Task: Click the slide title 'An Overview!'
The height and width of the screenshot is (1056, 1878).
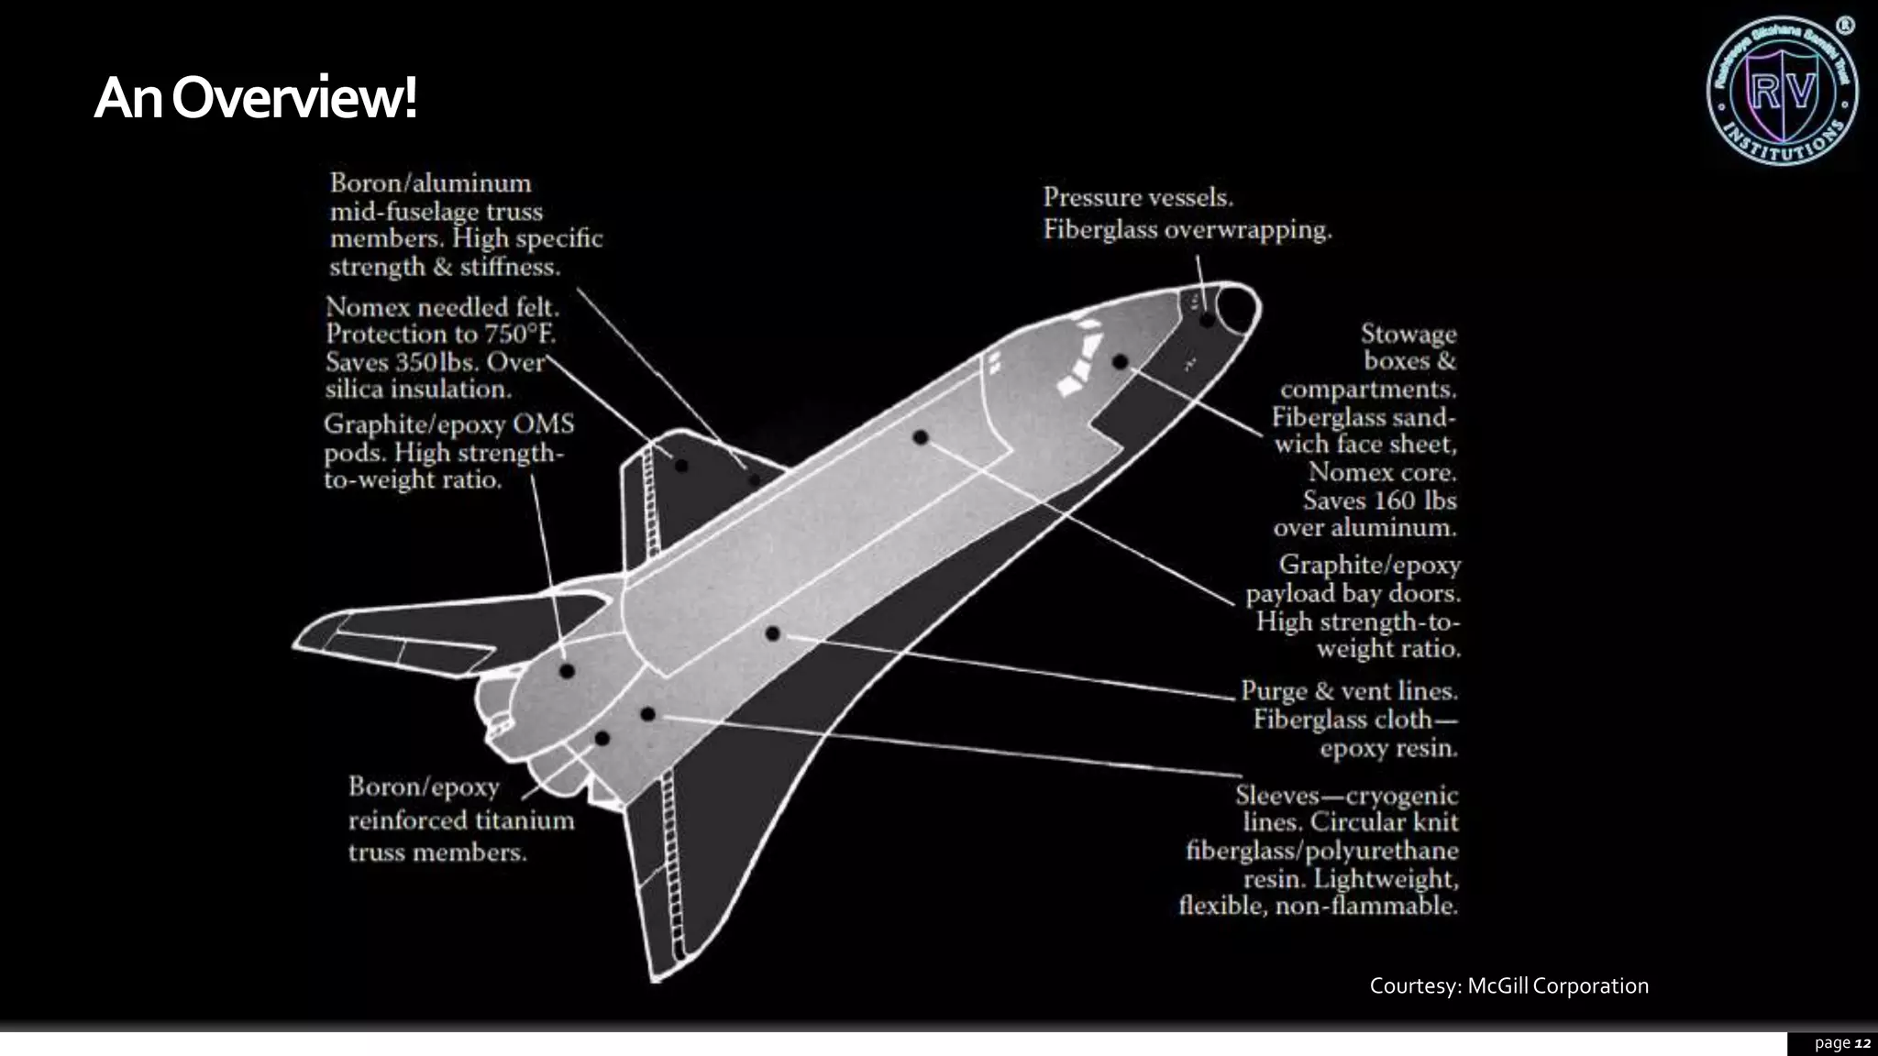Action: click(x=256, y=98)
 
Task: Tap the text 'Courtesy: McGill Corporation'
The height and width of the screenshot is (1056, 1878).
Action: click(x=1508, y=985)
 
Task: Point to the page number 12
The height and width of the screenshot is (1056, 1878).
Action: click(x=1861, y=1043)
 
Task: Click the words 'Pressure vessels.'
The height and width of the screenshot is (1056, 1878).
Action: click(x=1138, y=197)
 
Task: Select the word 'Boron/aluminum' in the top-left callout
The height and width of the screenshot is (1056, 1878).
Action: click(x=430, y=182)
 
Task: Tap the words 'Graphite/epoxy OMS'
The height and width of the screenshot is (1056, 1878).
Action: click(x=448, y=424)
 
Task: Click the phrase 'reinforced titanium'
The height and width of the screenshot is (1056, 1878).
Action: click(x=460, y=819)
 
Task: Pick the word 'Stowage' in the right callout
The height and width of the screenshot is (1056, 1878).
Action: click(x=1408, y=334)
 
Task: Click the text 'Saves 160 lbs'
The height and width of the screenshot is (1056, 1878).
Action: click(x=1379, y=500)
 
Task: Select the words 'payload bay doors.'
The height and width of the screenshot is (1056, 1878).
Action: click(x=1353, y=593)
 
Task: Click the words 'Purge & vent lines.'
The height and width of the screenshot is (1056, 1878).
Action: click(x=1349, y=690)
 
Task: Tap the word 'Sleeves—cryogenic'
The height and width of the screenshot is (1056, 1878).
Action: click(x=1346, y=795)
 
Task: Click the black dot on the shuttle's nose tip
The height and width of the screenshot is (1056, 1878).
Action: click(x=1207, y=320)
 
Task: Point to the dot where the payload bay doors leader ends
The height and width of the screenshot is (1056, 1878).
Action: click(x=921, y=437)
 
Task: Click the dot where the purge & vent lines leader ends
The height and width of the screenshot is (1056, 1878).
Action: click(x=772, y=633)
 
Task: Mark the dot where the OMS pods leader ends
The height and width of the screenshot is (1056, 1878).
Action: click(x=567, y=671)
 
